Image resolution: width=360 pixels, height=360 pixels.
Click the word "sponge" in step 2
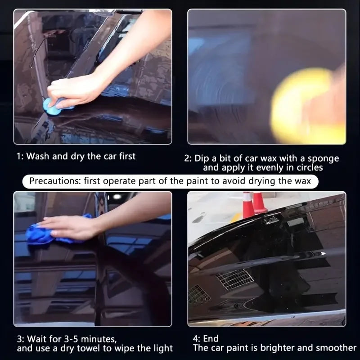(x=323, y=159)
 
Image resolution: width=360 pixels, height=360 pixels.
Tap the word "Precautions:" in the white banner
(x=55, y=181)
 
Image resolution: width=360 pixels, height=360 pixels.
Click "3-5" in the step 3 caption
(x=70, y=339)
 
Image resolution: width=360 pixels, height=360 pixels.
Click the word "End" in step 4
(x=211, y=338)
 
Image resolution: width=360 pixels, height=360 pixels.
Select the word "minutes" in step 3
(x=99, y=339)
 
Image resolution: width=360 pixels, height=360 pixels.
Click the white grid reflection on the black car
(x=234, y=279)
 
